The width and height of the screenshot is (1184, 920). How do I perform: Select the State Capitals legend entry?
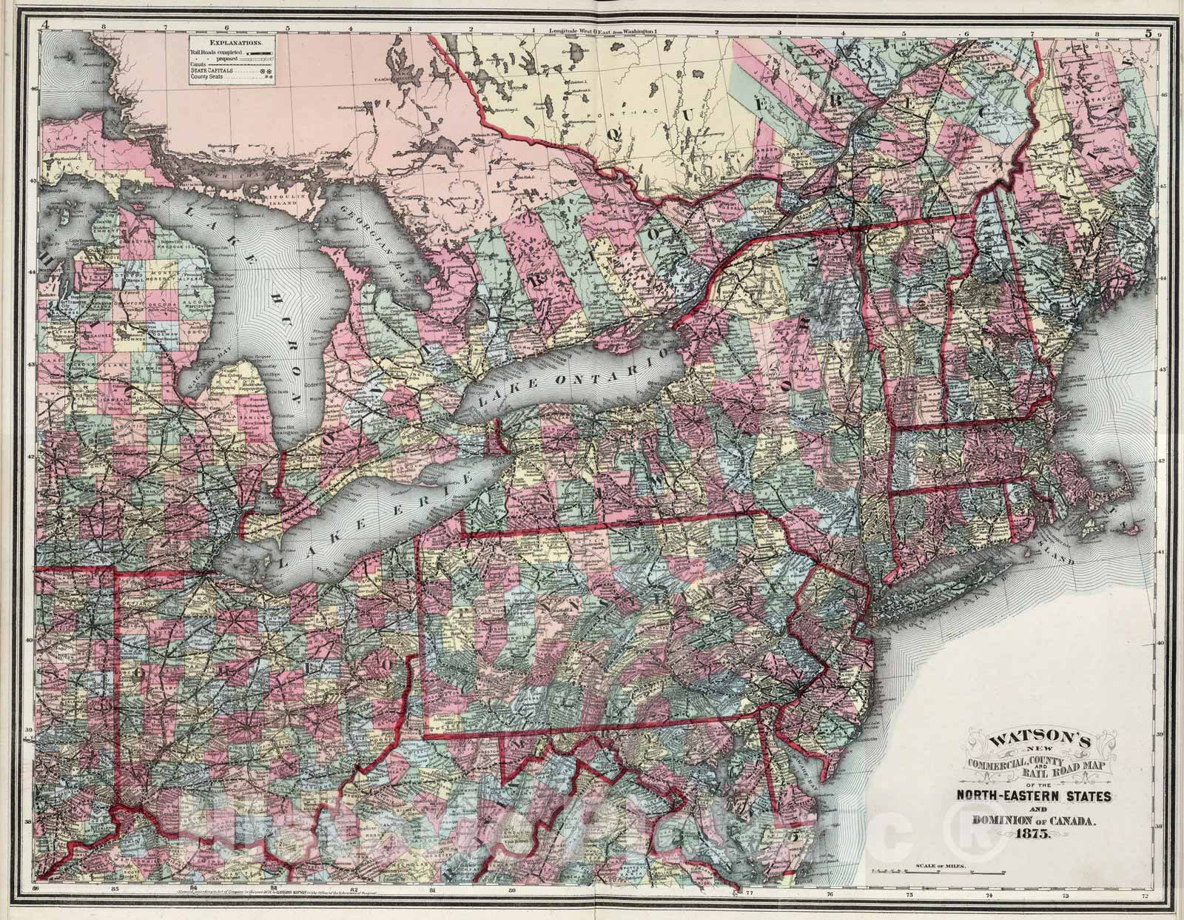[212, 71]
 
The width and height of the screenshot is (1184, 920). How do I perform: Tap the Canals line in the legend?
[200, 64]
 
